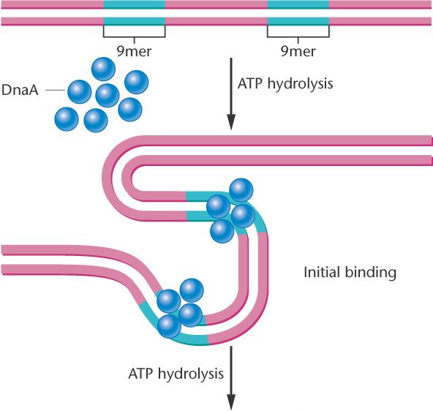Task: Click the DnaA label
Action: coord(20,90)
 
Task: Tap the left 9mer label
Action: coord(134,51)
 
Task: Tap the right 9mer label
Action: coord(298,51)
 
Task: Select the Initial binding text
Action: coord(350,273)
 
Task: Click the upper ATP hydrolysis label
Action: coord(285,83)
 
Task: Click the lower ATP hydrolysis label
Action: coord(176,374)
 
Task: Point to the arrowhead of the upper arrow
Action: coord(231,121)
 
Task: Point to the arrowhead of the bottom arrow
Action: coord(231,402)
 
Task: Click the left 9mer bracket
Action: coord(134,37)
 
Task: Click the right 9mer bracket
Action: coord(298,37)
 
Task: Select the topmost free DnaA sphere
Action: coord(103,69)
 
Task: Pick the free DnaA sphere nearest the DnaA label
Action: coord(80,91)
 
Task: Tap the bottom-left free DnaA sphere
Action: coord(67,119)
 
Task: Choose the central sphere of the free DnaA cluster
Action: coord(107,96)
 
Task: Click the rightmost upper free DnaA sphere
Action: coord(137,82)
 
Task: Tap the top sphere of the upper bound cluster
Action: coord(241,190)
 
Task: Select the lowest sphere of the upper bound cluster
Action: coord(222,231)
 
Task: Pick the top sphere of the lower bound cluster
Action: coord(192,290)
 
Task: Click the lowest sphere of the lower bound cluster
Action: coord(169,327)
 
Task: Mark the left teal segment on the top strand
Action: coord(134,4)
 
